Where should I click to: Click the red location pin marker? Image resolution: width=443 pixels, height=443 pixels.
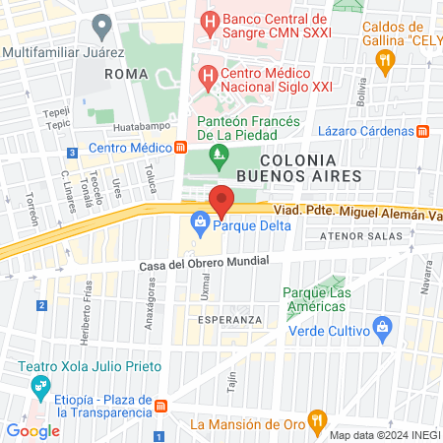click(221, 200)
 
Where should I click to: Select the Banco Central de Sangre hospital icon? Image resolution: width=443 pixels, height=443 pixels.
click(208, 19)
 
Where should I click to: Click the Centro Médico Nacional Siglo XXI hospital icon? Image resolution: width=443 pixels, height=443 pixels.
click(208, 75)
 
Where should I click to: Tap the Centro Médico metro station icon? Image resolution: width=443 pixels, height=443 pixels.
click(180, 149)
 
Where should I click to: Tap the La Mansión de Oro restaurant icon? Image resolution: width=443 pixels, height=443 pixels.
click(316, 424)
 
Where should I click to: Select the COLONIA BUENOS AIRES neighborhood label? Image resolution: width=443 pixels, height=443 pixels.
click(311, 166)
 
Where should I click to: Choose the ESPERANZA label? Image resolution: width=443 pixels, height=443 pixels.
click(229, 320)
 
